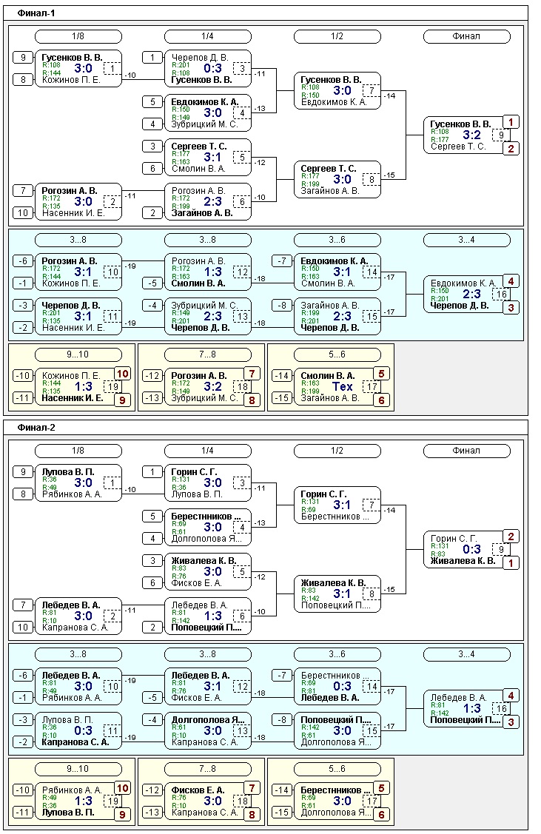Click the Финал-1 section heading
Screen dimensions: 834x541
[x=36, y=13]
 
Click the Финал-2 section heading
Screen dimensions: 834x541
[x=36, y=428]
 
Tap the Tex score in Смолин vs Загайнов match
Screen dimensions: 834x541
[x=343, y=386]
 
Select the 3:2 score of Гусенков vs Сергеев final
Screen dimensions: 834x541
[x=472, y=135]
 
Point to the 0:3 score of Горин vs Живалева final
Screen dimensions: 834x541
[x=472, y=549]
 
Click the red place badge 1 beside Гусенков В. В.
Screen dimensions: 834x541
[x=511, y=122]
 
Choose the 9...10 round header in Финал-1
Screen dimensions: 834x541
[x=78, y=354]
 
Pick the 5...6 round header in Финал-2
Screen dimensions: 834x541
[x=337, y=769]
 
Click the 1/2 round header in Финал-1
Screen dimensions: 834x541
[x=337, y=36]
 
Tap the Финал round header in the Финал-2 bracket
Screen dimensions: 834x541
[x=467, y=451]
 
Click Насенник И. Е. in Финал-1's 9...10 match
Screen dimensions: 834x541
[x=71, y=397]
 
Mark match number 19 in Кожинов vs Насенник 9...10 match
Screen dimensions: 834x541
[x=113, y=386]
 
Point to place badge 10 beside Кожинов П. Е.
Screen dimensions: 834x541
[x=123, y=374]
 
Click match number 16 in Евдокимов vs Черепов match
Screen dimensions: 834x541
[x=501, y=294]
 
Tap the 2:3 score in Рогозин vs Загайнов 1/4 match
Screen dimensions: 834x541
[x=213, y=201]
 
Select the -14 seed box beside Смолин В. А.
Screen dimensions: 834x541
[x=280, y=375]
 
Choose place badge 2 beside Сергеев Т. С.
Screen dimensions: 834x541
[x=511, y=148]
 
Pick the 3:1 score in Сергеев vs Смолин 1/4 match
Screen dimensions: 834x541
[x=213, y=157]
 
